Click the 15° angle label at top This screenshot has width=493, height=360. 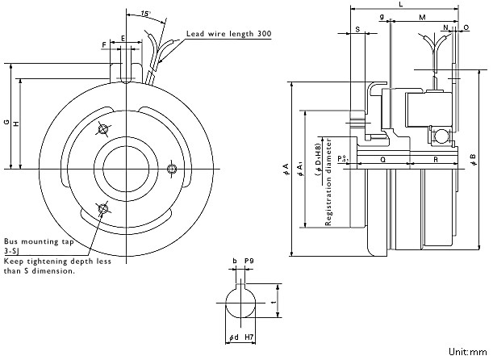146,14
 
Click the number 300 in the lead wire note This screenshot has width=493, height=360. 265,34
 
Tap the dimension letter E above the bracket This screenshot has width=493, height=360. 123,38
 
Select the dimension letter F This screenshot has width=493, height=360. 104,45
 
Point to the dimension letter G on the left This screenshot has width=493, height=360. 7,122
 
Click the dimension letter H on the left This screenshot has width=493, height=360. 16,123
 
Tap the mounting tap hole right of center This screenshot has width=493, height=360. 172,169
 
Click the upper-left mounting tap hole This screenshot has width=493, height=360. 102,129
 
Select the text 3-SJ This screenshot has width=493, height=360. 10,251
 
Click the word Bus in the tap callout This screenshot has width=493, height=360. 10,241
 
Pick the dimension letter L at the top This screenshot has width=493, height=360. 401,4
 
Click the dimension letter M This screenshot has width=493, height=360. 422,17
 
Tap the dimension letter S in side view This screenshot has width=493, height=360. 357,30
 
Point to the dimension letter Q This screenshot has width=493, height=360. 383,160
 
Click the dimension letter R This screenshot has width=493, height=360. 436,160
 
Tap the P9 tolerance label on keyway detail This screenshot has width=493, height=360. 249,261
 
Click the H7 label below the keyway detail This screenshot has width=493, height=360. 249,337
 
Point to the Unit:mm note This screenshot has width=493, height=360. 467,352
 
